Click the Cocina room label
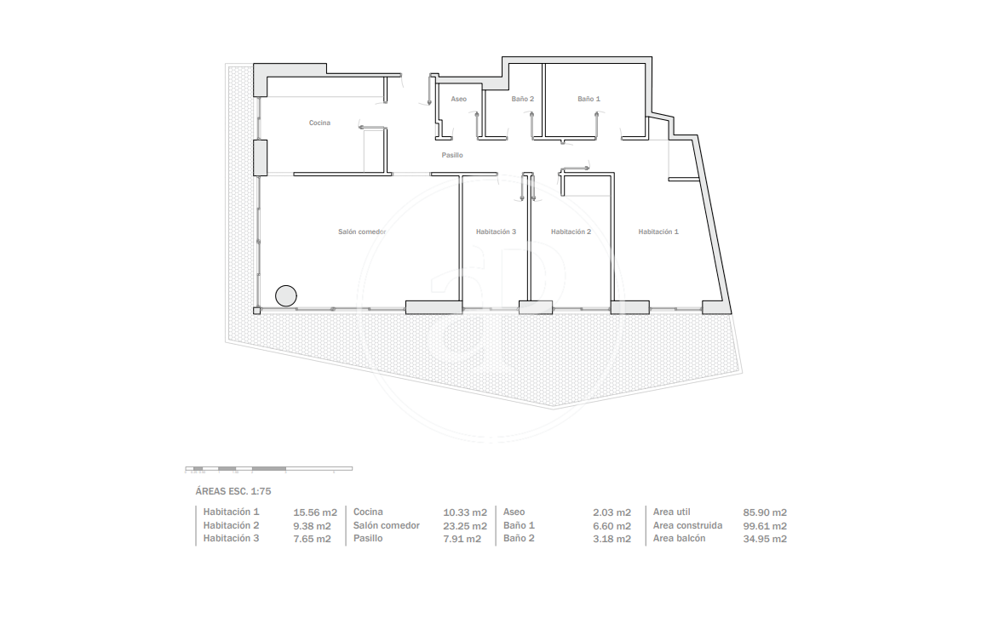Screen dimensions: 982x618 pyautogui.click(x=319, y=123)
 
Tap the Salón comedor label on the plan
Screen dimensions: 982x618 pyautogui.click(x=362, y=232)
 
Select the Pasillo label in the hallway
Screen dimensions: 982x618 pyautogui.click(x=452, y=155)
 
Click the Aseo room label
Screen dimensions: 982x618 pyautogui.click(x=458, y=99)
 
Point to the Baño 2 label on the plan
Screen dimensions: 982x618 pyautogui.click(x=522, y=99)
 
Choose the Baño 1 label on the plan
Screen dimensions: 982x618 pyautogui.click(x=589, y=99)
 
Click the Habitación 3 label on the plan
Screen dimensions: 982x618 pyautogui.click(x=496, y=232)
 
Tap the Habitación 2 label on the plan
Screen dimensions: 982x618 pyautogui.click(x=571, y=232)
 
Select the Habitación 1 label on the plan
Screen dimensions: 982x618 pyautogui.click(x=658, y=232)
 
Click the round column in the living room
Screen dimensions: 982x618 pyautogui.click(x=286, y=295)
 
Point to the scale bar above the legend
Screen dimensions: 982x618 pyautogui.click(x=268, y=468)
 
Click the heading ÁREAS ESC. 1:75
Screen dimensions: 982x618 pyautogui.click(x=233, y=491)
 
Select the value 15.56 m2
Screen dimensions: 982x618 pyautogui.click(x=315, y=512)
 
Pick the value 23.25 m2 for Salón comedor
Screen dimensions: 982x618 pyautogui.click(x=465, y=526)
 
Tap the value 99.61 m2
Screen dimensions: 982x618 pyautogui.click(x=765, y=526)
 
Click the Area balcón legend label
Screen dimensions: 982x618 pyautogui.click(x=679, y=539)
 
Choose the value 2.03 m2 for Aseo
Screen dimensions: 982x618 pyautogui.click(x=612, y=512)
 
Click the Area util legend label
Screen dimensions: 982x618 pyautogui.click(x=671, y=512)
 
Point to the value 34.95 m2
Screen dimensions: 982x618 pyautogui.click(x=765, y=539)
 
